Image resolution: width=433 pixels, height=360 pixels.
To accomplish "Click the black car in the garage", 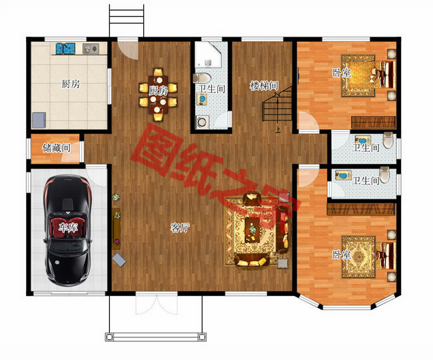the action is click(68, 231).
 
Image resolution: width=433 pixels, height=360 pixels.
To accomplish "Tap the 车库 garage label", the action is click(68, 227).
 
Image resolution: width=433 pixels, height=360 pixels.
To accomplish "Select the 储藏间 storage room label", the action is click(56, 148).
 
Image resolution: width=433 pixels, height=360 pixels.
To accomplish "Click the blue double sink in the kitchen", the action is click(66, 49).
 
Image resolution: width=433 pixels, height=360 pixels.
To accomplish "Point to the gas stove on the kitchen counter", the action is click(91, 49).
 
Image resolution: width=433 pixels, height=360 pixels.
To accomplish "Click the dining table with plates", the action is click(159, 95).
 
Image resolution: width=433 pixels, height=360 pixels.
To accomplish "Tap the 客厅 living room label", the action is click(180, 227).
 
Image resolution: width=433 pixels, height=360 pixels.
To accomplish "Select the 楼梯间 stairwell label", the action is click(264, 85).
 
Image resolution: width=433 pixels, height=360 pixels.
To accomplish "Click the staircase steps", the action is click(276, 104).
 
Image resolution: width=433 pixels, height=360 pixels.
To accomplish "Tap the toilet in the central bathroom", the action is click(202, 78).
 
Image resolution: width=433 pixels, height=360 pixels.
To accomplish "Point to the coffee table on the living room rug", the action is click(252, 230).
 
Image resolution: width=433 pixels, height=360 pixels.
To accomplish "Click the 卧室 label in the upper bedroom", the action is click(341, 73).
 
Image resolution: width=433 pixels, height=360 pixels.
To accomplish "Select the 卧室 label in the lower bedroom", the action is click(341, 255).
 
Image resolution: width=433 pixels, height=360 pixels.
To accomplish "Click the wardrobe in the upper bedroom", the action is click(373, 123).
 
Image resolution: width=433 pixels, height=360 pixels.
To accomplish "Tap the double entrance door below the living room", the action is click(157, 304).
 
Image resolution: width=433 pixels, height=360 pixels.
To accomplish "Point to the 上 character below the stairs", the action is click(278, 130).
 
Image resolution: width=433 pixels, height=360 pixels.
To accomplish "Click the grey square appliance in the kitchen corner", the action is click(39, 120).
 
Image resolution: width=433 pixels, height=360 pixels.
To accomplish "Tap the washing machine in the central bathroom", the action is click(203, 122).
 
